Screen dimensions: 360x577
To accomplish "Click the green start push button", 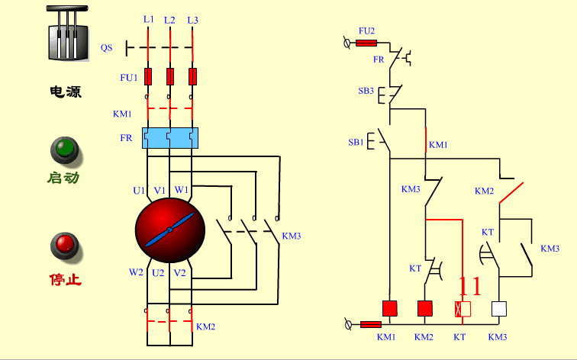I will [65, 149].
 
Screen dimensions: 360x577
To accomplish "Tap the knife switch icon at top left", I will [65, 34].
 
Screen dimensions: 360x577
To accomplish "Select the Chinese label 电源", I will [66, 92].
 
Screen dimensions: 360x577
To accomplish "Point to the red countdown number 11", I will [469, 287].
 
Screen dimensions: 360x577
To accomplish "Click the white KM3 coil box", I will [499, 309].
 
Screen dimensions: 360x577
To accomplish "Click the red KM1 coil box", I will [390, 309].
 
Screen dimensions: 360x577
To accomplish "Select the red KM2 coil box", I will [425, 309].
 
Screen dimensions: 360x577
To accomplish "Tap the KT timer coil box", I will [463, 309].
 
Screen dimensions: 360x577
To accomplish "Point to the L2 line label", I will [169, 18].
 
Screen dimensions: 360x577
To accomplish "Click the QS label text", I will [106, 47].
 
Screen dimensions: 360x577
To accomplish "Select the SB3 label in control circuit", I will [366, 91].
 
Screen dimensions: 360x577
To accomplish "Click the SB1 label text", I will [356, 143].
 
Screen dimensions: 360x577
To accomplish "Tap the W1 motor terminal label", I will [182, 190].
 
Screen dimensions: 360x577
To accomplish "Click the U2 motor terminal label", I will [158, 272].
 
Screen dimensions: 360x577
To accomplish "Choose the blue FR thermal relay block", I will [169, 138].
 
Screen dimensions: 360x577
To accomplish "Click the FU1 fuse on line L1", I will [147, 76].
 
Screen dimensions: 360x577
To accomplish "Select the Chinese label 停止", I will [66, 280].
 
